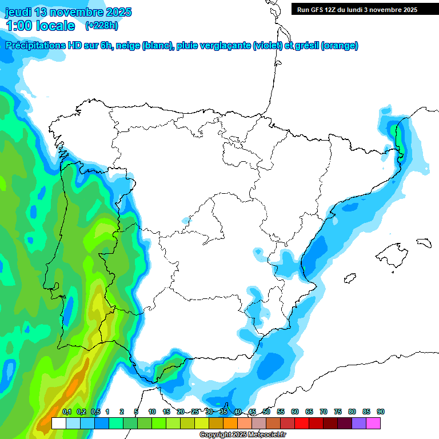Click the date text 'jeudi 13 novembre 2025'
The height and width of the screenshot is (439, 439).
click(x=68, y=12)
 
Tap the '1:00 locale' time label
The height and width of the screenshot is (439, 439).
click(x=41, y=26)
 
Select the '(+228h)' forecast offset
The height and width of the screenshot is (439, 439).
click(x=101, y=26)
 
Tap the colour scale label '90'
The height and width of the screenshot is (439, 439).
click(x=381, y=412)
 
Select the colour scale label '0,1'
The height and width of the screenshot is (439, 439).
click(x=67, y=412)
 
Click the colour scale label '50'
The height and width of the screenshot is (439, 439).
click(x=266, y=412)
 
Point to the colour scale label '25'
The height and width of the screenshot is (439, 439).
click(x=195, y=412)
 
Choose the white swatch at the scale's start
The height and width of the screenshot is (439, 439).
click(x=58, y=423)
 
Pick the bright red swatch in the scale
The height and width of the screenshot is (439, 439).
click(x=302, y=423)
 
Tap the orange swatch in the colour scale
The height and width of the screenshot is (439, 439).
click(x=230, y=423)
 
